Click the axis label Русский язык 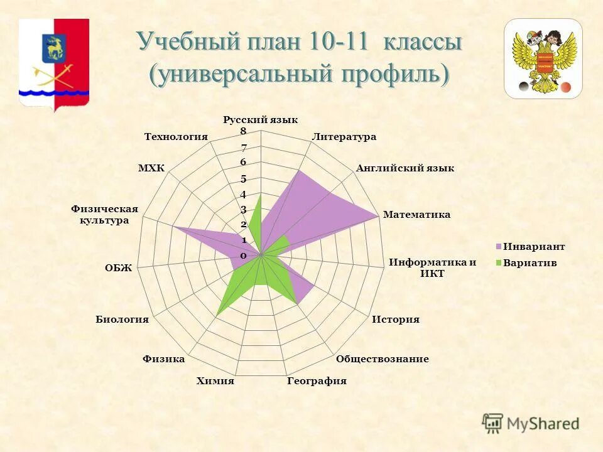[x=261, y=120]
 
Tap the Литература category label [x=344, y=136]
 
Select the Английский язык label [x=405, y=168]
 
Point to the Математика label [x=417, y=215]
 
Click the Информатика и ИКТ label [x=433, y=268]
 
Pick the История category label [x=396, y=320]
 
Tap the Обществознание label [x=382, y=359]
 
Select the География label [x=317, y=381]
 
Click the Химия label [x=215, y=381]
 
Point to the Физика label [x=163, y=359]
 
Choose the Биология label [x=122, y=320]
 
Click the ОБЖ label [x=119, y=268]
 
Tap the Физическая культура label [x=104, y=215]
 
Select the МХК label [x=151, y=168]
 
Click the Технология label [x=176, y=136]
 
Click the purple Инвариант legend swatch [x=498, y=247]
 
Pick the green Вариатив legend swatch [x=498, y=264]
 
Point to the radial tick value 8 [x=242, y=131]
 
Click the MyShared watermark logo [x=531, y=424]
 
